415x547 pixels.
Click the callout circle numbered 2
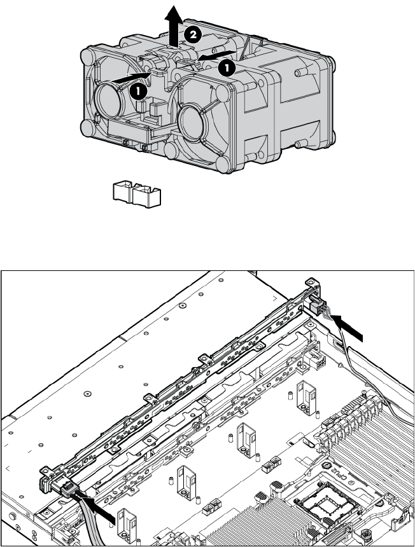(193, 34)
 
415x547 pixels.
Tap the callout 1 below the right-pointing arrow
(138, 92)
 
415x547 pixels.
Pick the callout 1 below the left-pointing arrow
(227, 68)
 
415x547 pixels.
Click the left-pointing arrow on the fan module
(218, 55)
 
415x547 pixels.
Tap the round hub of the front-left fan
(108, 101)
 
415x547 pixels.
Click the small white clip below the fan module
(137, 194)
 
